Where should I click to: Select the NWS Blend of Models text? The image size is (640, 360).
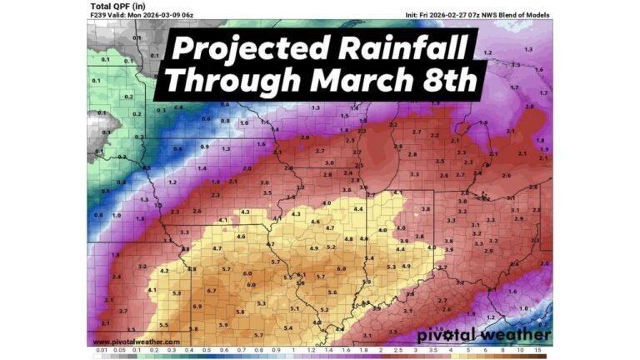[517, 14]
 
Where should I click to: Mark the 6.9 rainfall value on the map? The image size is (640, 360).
[197, 307]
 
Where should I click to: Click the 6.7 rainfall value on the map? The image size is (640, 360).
[212, 291]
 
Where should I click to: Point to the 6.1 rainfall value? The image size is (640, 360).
[301, 275]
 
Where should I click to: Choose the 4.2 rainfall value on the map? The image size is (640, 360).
[164, 271]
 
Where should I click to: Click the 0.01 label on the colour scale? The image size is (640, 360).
[101, 351]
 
